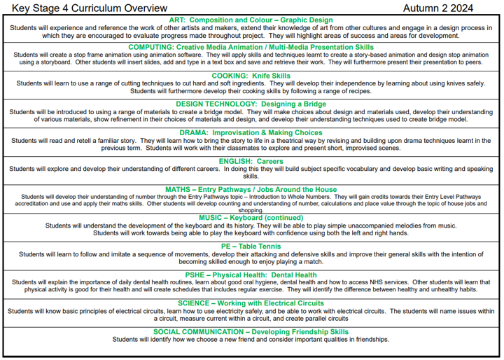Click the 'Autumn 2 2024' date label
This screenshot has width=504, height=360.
pos(438,8)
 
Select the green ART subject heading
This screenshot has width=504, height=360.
pos(251,20)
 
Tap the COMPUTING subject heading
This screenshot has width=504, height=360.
pos(251,47)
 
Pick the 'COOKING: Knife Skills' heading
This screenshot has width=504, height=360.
pos(251,76)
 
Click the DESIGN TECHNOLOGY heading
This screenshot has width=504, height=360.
pos(251,104)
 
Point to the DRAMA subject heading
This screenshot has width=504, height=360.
pos(251,132)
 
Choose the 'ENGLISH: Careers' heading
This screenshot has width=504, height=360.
pos(251,161)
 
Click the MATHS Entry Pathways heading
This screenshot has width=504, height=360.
pos(251,190)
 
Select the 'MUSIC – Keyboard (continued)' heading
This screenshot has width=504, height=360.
pos(251,218)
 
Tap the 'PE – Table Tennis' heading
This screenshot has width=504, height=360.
pos(251,247)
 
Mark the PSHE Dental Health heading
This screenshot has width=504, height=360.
pos(251,275)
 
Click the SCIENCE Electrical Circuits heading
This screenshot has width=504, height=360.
pos(251,303)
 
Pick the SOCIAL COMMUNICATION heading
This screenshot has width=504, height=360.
pos(251,332)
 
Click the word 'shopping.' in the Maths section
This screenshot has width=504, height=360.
pos(251,210)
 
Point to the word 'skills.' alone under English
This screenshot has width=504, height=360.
pos(251,176)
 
